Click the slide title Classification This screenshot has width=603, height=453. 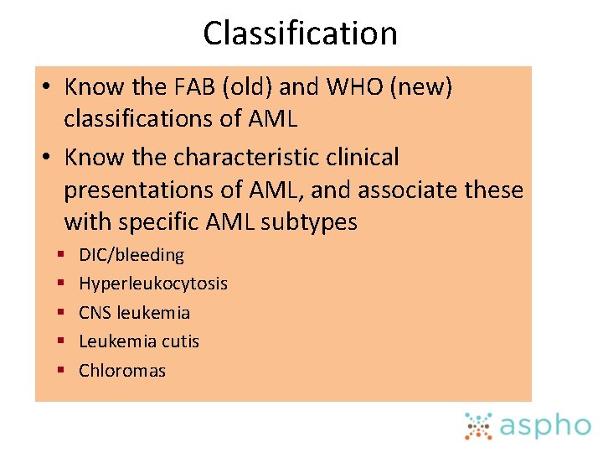coord(300,34)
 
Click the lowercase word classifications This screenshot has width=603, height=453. coord(151,119)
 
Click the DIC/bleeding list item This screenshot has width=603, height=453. coord(131,255)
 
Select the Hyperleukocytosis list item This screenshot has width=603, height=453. coord(153,284)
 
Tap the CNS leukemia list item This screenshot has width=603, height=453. coord(134,313)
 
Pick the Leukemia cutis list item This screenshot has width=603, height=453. coord(139,341)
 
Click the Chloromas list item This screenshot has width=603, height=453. coord(122,371)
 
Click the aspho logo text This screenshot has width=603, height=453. coord(545,426)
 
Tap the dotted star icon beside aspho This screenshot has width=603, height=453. coord(479,425)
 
